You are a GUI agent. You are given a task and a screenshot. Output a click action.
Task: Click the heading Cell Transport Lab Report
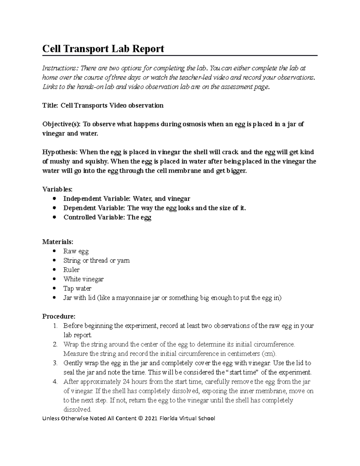(103, 49)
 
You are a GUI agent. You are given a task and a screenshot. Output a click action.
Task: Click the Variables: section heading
(57, 189)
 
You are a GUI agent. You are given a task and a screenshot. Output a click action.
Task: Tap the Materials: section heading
(58, 242)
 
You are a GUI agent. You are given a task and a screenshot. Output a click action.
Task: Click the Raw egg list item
(76, 251)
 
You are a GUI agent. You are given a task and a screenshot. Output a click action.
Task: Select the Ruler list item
(71, 270)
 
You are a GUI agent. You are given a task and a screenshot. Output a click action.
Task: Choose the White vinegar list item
(83, 279)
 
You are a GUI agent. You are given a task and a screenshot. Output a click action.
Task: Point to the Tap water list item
(77, 288)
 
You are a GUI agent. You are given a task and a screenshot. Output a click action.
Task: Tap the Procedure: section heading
(59, 316)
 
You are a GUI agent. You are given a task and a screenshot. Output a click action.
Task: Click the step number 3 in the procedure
(55, 363)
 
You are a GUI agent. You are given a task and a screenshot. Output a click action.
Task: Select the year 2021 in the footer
(151, 418)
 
